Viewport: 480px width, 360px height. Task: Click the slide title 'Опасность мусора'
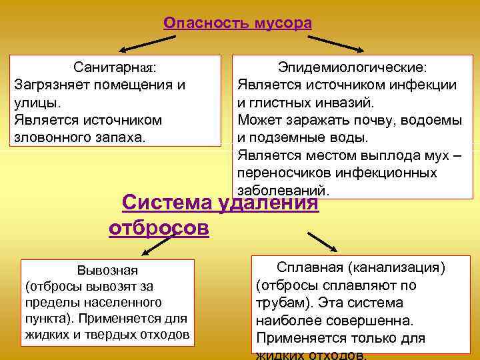tap(237, 23)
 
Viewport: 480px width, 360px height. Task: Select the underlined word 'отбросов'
tap(159, 228)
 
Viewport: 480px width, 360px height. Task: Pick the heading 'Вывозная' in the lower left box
tap(107, 270)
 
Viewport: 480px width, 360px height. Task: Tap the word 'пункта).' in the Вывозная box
tap(46, 317)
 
